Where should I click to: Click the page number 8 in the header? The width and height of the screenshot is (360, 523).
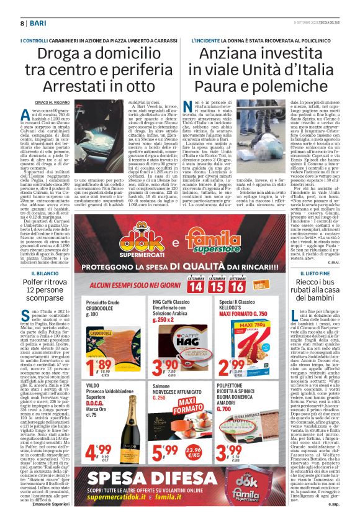pos(22,23)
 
